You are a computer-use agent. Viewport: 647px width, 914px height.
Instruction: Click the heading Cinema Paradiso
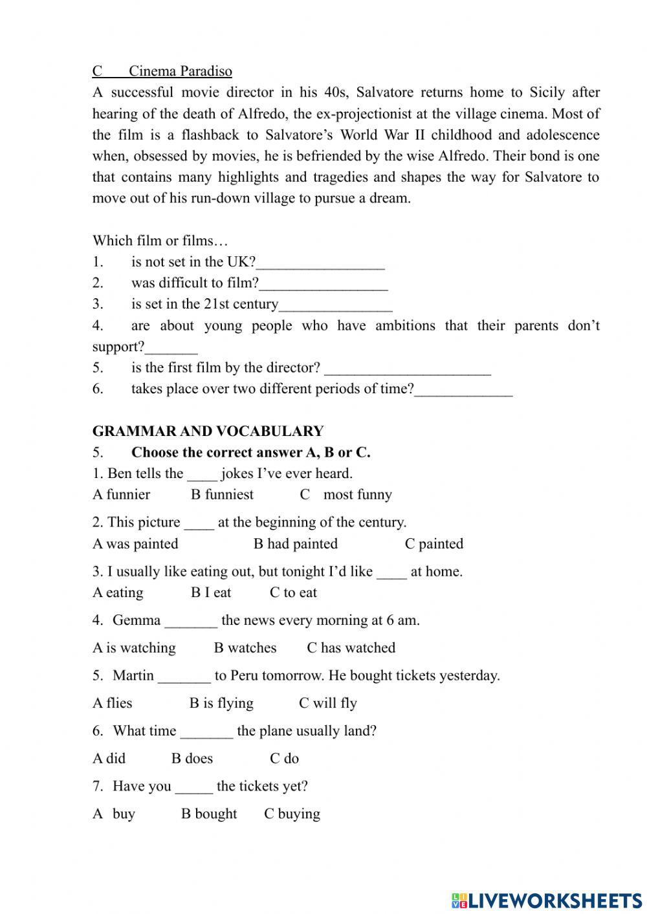point(180,71)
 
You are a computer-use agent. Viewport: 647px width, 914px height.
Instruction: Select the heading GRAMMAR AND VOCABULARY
point(208,431)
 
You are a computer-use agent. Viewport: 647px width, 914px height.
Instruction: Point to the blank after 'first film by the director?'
point(408,369)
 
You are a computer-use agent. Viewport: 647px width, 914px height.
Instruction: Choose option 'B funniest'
point(222,495)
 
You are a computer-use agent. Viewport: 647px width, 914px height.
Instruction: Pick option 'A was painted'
point(135,544)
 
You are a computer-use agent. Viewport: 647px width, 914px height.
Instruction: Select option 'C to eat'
point(293,593)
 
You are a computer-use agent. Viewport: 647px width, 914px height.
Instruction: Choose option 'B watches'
point(245,648)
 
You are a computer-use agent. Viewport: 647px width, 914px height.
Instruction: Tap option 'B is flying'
point(221,703)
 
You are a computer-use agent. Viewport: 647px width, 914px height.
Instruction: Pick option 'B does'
point(192,759)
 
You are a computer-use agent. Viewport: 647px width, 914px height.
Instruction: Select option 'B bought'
point(208,814)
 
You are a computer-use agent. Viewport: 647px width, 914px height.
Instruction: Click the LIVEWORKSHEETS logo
point(546,900)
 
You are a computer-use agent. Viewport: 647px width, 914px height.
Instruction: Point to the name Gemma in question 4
point(137,620)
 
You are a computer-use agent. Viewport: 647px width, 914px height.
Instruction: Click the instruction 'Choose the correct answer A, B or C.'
point(250,453)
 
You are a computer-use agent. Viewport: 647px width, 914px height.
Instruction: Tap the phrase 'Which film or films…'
point(160,241)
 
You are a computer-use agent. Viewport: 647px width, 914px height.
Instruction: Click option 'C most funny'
point(345,495)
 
